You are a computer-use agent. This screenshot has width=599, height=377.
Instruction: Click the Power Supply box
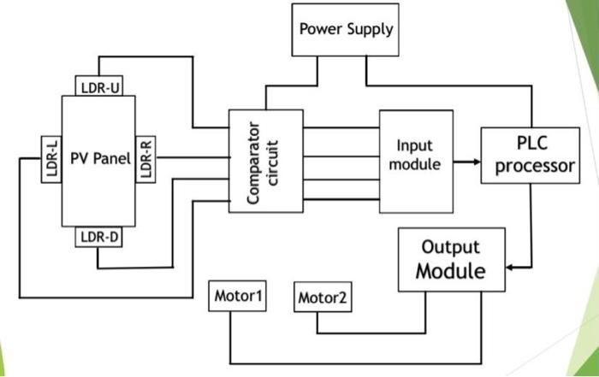tap(346, 30)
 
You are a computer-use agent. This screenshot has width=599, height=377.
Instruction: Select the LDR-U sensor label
tap(99, 87)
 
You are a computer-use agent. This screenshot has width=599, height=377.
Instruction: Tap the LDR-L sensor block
tap(51, 158)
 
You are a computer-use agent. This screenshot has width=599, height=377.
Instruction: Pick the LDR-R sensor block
tap(146, 158)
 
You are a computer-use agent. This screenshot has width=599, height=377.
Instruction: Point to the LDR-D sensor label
tap(99, 235)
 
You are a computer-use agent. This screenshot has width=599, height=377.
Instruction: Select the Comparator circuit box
tap(265, 161)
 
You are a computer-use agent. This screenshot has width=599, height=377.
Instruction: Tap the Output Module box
tap(450, 260)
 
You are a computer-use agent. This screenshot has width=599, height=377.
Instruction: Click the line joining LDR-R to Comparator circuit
tap(193, 157)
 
